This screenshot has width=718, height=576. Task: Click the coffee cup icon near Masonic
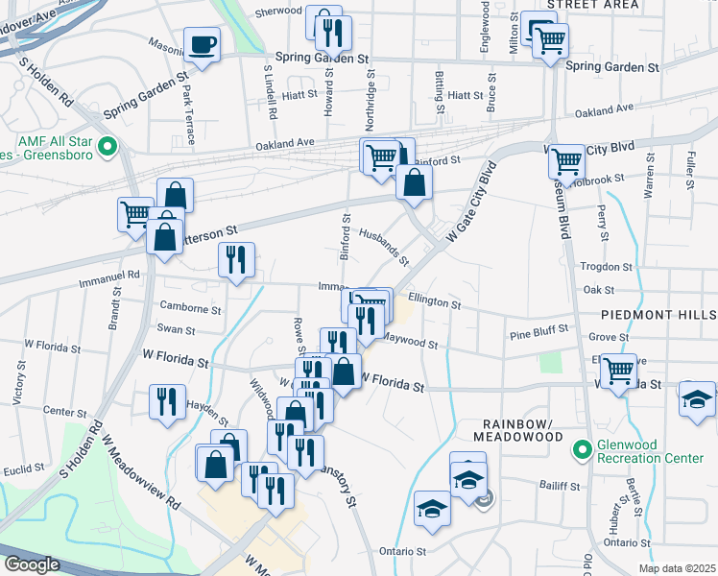[x=203, y=44]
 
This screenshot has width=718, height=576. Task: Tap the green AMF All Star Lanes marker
[x=108, y=148]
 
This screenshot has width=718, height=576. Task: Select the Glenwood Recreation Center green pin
[x=582, y=449]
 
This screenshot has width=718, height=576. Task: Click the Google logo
[x=32, y=564]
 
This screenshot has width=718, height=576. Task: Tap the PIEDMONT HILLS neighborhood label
[x=658, y=315]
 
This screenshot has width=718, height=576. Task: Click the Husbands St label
[x=384, y=247]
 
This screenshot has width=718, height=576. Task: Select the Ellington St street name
[x=434, y=301]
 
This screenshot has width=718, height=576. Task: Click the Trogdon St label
[x=607, y=267]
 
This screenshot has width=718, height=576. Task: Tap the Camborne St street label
[x=191, y=309]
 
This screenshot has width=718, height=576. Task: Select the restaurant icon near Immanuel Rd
[x=236, y=259]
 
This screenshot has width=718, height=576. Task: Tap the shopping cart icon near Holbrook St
[x=567, y=161]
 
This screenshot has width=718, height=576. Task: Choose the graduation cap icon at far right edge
[x=697, y=399]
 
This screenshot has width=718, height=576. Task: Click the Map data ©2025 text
[x=678, y=568]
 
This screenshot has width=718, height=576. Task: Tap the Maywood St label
[x=411, y=341]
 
